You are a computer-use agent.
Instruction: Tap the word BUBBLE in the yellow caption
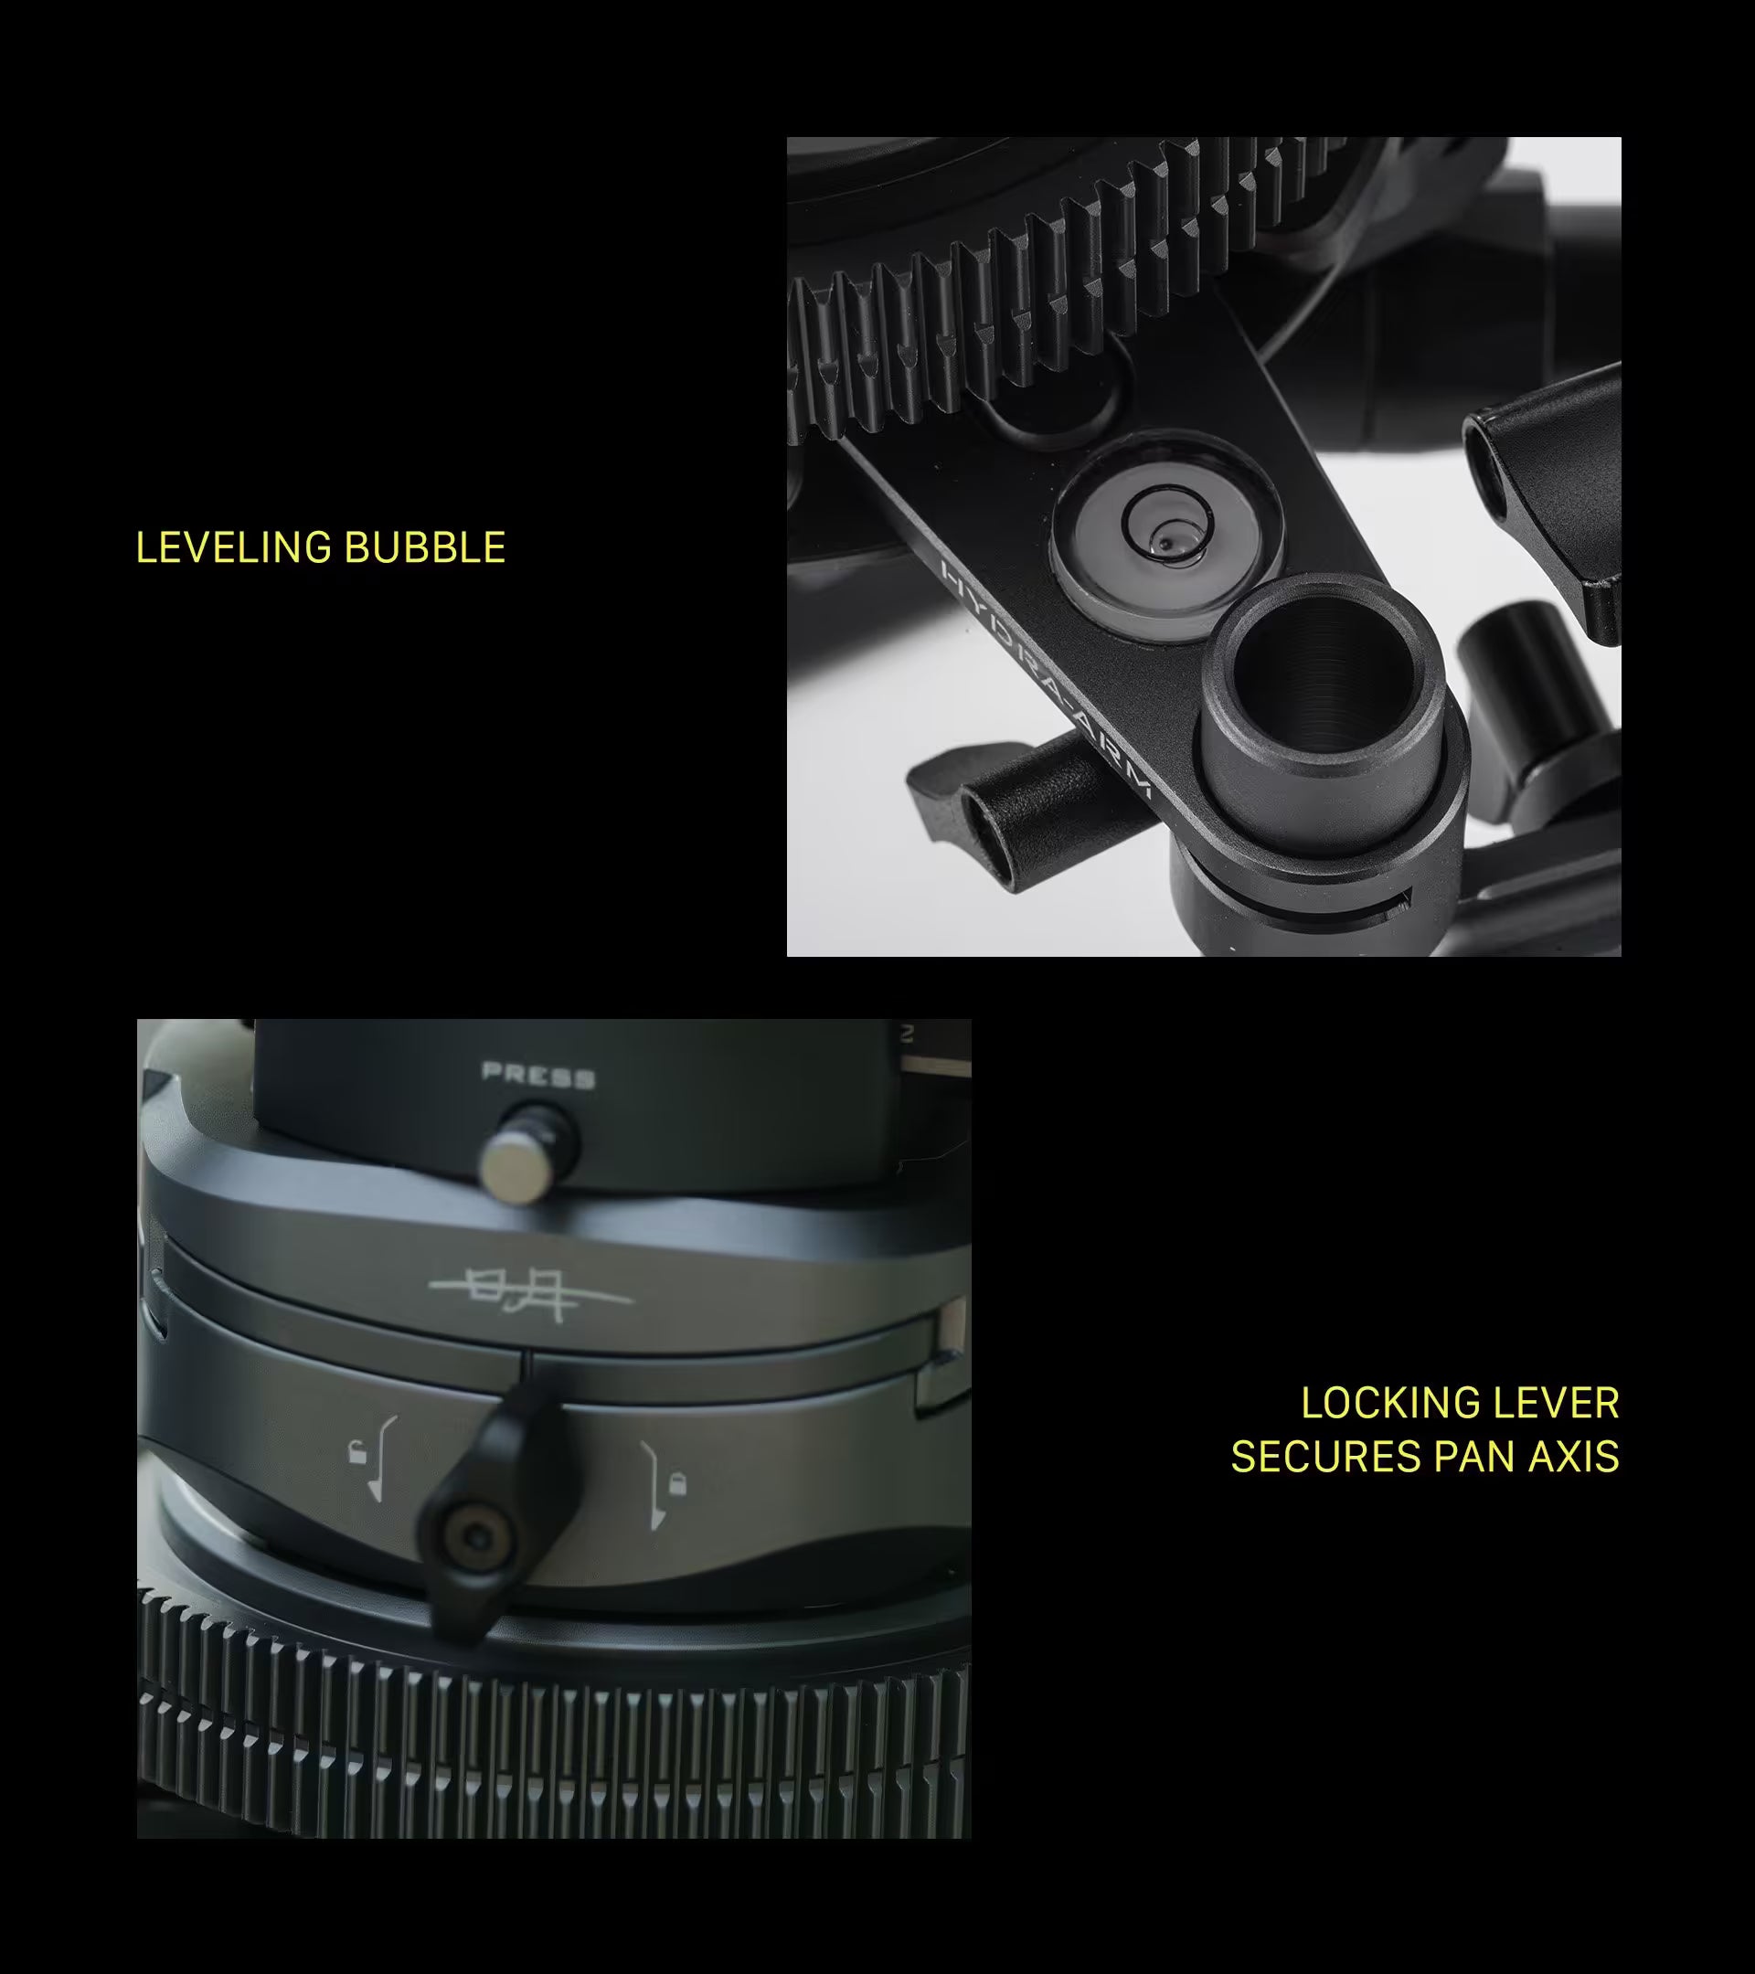click(425, 547)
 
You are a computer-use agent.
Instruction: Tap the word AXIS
click(1574, 1457)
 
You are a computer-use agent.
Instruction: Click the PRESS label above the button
click(538, 1075)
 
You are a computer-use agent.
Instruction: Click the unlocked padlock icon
click(358, 1450)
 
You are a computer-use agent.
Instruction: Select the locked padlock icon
click(677, 1482)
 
